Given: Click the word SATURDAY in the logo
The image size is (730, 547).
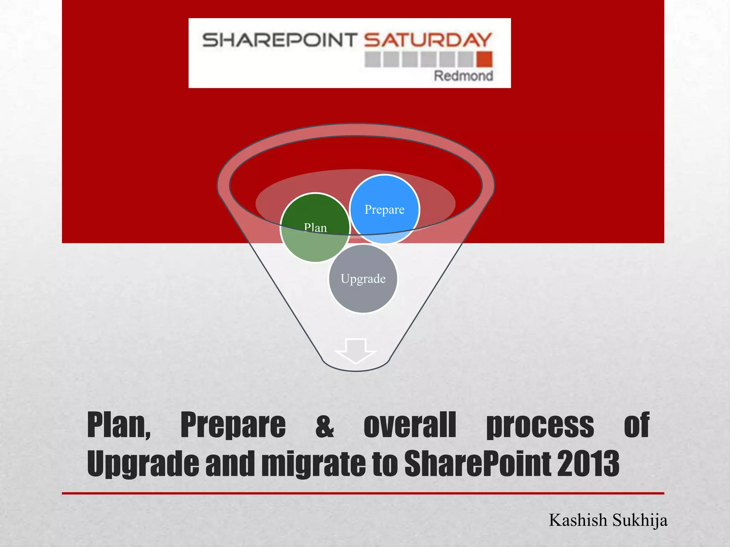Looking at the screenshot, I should (x=428, y=40).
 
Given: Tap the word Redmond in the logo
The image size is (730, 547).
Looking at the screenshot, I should (x=463, y=76).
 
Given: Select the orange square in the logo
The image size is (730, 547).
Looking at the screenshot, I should (x=485, y=59).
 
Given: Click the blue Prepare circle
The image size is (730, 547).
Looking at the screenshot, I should (x=385, y=209).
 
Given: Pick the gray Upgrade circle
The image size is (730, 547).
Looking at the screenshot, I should (x=363, y=278).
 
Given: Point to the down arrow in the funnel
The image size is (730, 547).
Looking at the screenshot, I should (x=356, y=351).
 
